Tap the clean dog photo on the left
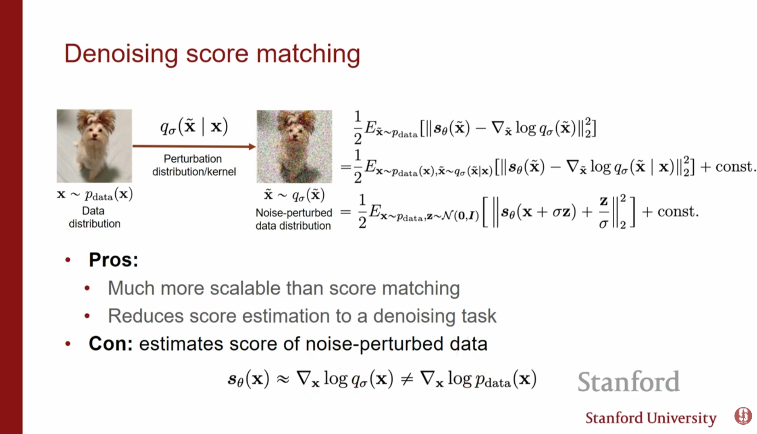tap(94, 146)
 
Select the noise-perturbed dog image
tap(294, 146)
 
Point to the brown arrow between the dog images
tap(194, 146)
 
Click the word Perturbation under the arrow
tap(193, 159)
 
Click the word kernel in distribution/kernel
tap(221, 172)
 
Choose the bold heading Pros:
tap(113, 260)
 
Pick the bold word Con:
tap(110, 344)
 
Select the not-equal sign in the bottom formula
tap(407, 379)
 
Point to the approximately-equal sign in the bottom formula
tap(283, 379)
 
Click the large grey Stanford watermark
tap(628, 381)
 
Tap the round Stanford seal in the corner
tap(743, 415)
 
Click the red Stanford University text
tap(651, 418)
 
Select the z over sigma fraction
tap(603, 212)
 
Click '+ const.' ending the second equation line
tap(728, 166)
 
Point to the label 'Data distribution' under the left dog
tap(94, 217)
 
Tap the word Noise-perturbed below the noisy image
tap(294, 213)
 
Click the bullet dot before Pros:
tap(68, 260)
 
